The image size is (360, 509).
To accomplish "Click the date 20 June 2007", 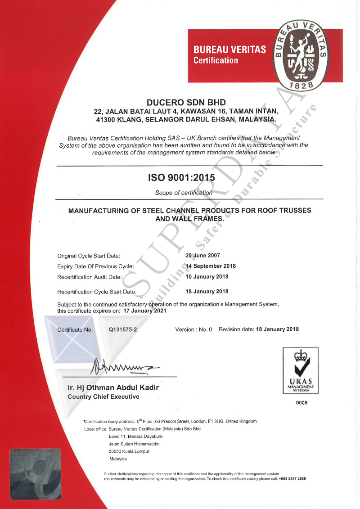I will coord(203,255).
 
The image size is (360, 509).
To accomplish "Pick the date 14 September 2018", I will coord(211,266).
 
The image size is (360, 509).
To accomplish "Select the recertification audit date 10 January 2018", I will coord(207,276).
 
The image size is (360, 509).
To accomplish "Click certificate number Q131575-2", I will coord(123,329).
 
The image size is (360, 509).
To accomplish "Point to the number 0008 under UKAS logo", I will coord(301,403).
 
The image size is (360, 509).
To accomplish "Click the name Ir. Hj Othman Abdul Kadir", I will coord(113,387).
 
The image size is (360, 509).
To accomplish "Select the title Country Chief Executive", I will coord(103,396).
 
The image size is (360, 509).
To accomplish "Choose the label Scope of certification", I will coord(184,193).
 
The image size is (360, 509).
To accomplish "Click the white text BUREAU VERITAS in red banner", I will coord(229,50).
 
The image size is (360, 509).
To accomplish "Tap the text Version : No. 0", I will coord(193,329).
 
